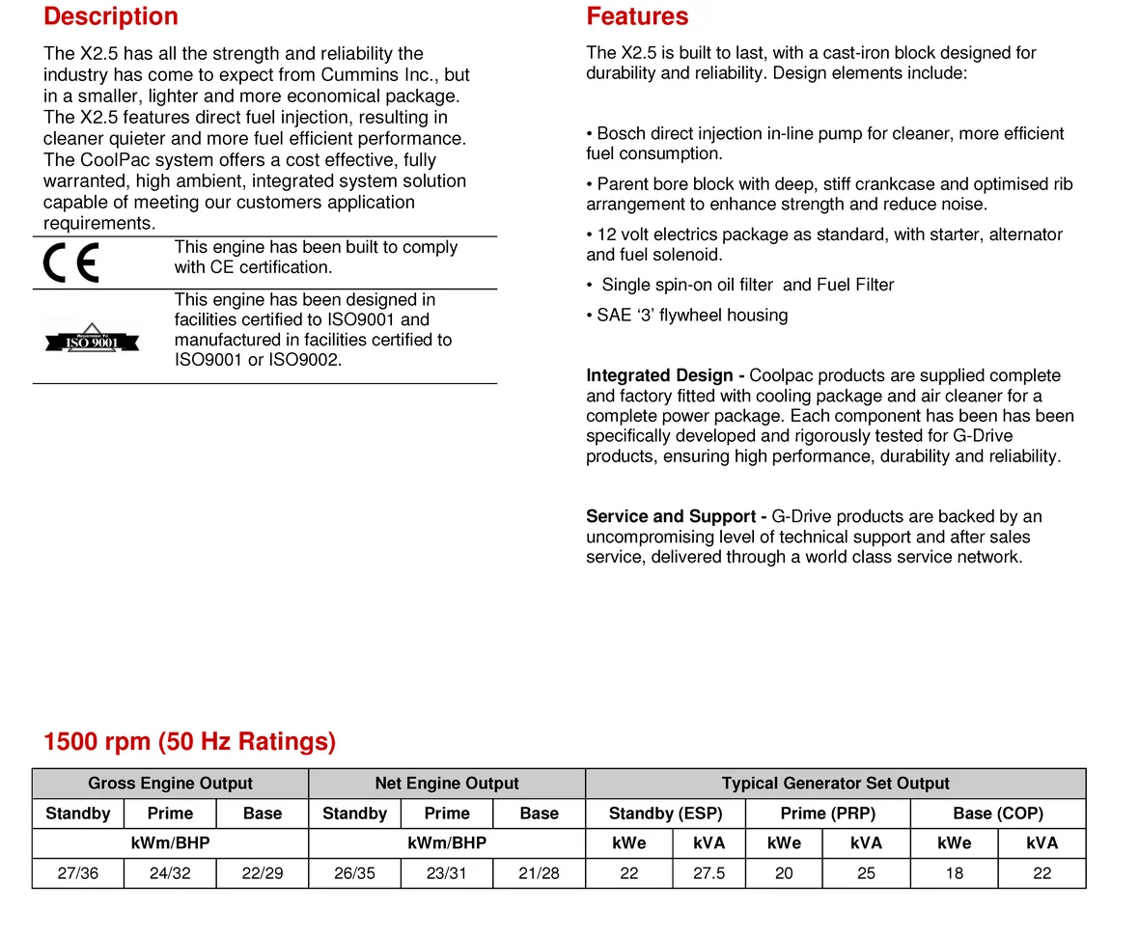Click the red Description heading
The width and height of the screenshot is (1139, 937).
(111, 16)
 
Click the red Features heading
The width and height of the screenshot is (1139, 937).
(637, 16)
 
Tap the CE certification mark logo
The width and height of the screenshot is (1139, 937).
(71, 263)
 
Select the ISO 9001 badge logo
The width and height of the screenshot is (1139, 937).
(92, 339)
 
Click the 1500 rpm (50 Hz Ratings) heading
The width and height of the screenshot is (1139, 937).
(190, 741)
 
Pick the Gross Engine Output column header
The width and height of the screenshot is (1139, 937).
(170, 784)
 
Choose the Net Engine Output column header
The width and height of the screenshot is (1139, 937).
(446, 784)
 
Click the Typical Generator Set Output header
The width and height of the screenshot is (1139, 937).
(835, 784)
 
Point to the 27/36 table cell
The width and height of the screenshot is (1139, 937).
(78, 873)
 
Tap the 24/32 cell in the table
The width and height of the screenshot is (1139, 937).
(170, 873)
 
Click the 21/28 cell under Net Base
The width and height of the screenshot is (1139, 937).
(539, 873)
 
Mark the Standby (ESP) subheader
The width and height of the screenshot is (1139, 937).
(665, 813)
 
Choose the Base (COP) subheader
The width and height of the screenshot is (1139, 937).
(998, 813)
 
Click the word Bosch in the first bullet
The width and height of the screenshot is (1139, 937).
(622, 133)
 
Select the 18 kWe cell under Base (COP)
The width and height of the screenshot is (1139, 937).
(954, 873)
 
